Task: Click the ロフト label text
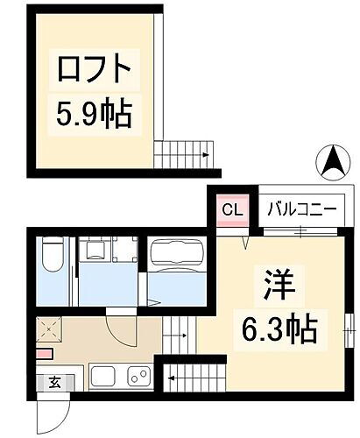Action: tap(96, 67)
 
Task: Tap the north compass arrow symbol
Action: tap(335, 162)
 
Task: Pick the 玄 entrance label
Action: tap(54, 382)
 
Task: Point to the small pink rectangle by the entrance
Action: tap(45, 354)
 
